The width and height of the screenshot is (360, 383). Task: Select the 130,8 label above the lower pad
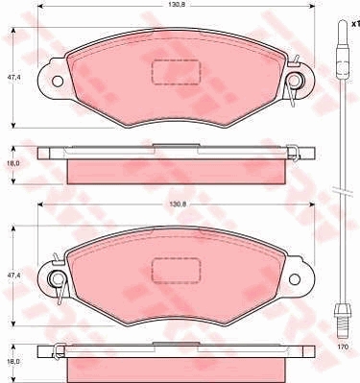point(176,204)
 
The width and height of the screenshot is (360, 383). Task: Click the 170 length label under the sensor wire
point(343,347)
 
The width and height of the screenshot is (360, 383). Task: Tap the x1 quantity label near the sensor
point(355,24)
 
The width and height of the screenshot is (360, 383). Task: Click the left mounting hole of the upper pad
point(58,82)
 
